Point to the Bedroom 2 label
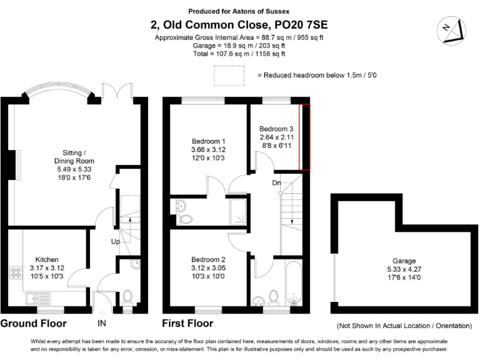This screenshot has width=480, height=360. point(207,267)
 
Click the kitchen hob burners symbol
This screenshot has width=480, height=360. point(14,273)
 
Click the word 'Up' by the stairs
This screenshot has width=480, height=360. point(115,241)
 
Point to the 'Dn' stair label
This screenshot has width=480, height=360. point(276,183)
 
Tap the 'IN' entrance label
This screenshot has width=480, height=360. point(102,324)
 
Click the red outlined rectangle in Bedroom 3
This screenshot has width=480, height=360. point(305,137)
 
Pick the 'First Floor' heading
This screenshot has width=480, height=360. point(187,324)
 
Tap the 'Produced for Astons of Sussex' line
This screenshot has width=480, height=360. point(240,11)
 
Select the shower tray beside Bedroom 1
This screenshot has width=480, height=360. point(238,212)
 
